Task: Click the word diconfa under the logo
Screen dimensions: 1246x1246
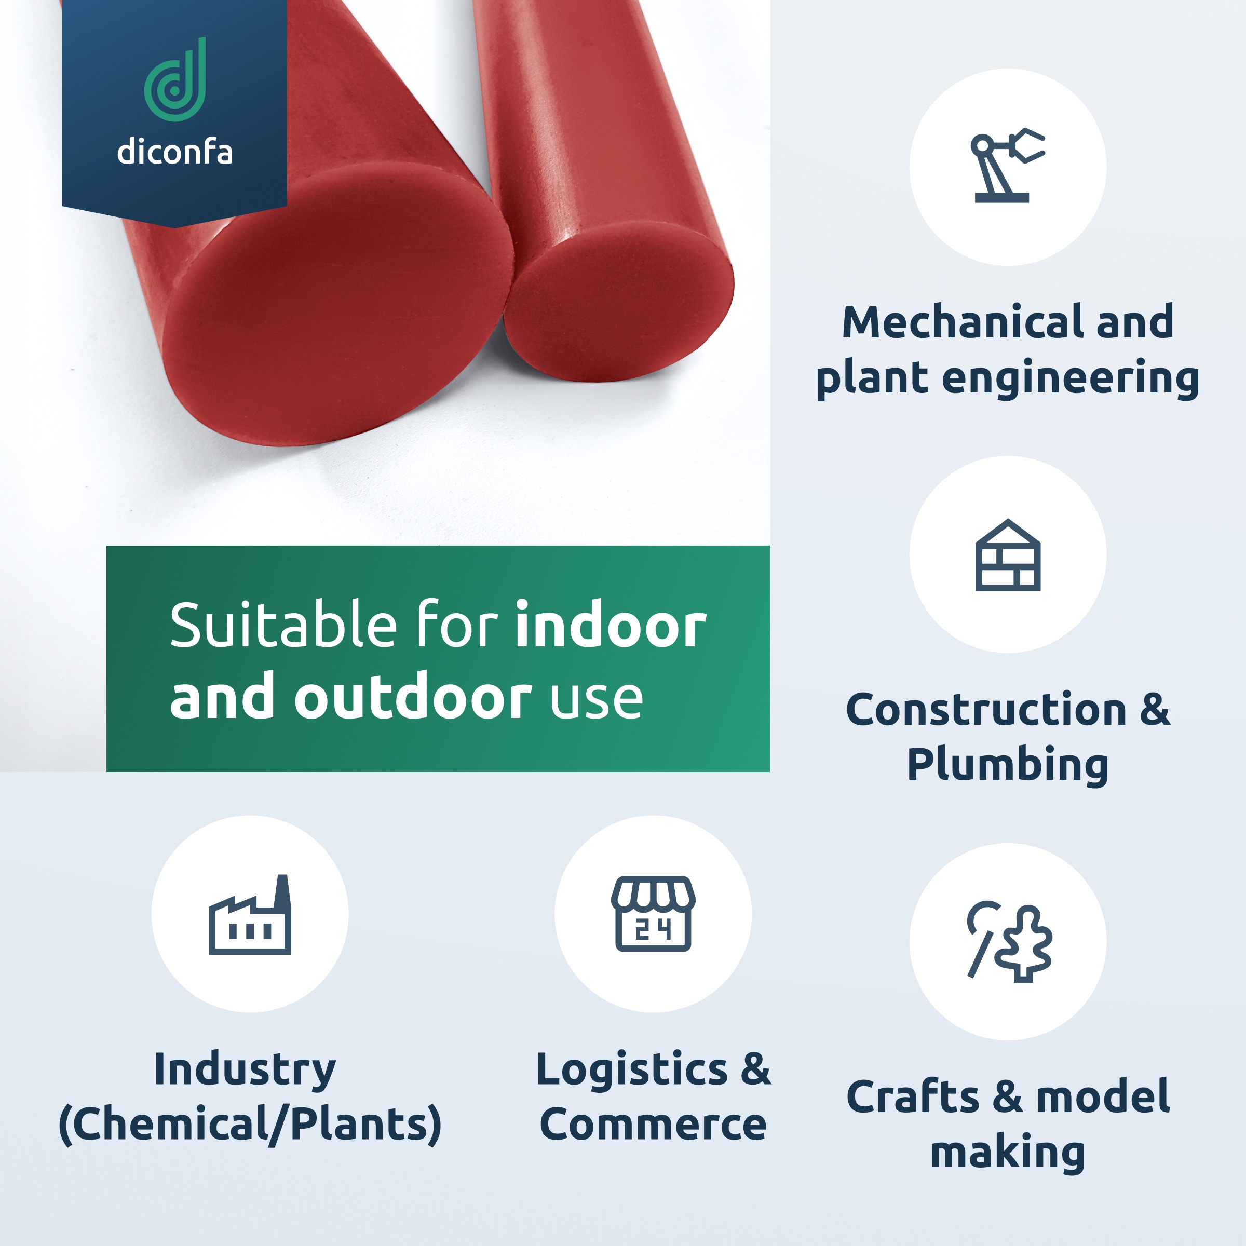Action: pos(175,153)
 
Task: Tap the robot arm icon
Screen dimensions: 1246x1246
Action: pos(1007,166)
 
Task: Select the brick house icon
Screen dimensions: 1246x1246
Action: pos(1007,556)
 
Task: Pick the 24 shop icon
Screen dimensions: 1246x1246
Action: pos(653,914)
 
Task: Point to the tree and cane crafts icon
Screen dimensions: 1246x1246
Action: pos(1008,942)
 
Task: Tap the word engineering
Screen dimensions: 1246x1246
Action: pos(1070,378)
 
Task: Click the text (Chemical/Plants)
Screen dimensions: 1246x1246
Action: pos(250,1124)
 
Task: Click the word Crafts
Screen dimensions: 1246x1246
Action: pos(913,1097)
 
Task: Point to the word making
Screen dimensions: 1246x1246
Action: pos(1007,1153)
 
